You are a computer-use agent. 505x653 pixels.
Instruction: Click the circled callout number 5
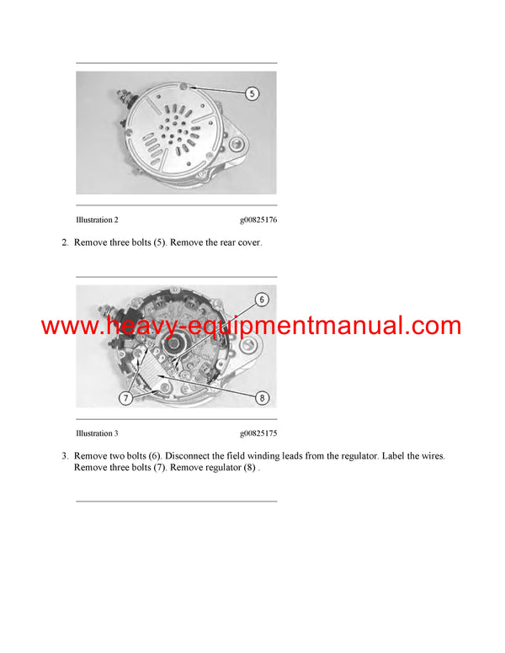tap(252, 93)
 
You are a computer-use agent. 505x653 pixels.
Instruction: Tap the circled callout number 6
tap(261, 300)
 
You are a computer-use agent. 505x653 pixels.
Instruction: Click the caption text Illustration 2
tap(97, 220)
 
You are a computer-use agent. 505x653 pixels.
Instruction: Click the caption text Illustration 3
tap(97, 433)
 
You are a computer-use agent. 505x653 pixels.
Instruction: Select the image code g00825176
tap(258, 220)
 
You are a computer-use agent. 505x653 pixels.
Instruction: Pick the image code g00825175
tap(258, 433)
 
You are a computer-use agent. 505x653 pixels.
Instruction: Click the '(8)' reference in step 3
tap(249, 468)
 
